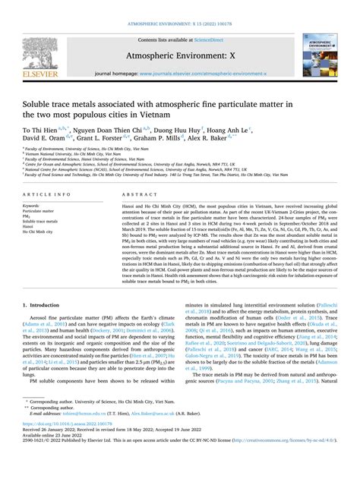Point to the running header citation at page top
(x=180, y=5)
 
